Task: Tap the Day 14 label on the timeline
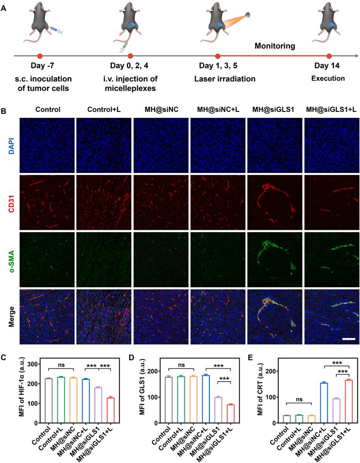click(x=329, y=67)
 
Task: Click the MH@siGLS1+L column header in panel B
click(x=329, y=110)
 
